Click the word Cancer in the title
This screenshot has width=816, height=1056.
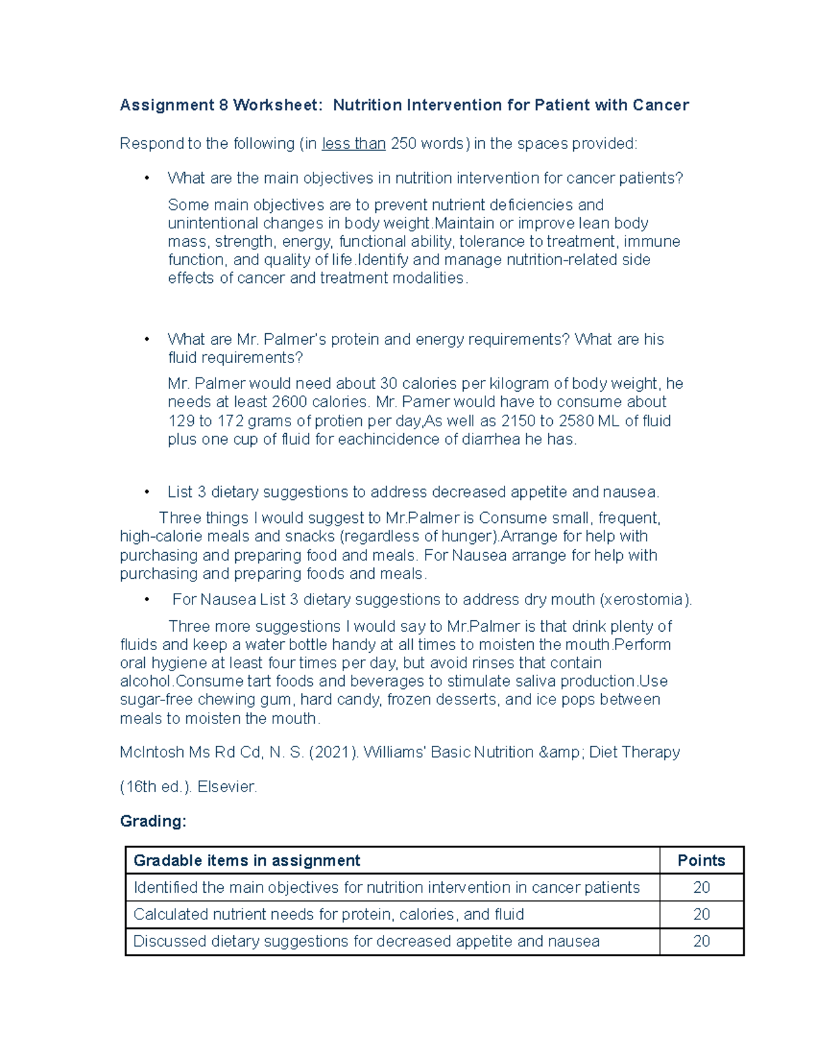(660, 105)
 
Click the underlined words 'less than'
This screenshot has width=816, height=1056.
(354, 144)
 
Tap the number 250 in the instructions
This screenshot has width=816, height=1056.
(404, 144)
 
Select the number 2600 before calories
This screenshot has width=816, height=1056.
(289, 402)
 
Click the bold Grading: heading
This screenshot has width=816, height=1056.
(153, 821)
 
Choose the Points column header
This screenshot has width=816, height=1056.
(701, 861)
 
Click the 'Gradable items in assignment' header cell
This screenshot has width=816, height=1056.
(247, 861)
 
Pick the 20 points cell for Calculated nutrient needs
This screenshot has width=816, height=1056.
(701, 915)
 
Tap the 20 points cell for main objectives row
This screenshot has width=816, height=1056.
(701, 887)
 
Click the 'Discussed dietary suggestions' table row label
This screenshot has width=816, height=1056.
(367, 942)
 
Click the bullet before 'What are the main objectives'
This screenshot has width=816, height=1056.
(146, 179)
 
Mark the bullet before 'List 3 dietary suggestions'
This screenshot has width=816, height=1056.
(146, 492)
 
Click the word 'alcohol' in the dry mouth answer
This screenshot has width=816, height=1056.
(146, 681)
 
